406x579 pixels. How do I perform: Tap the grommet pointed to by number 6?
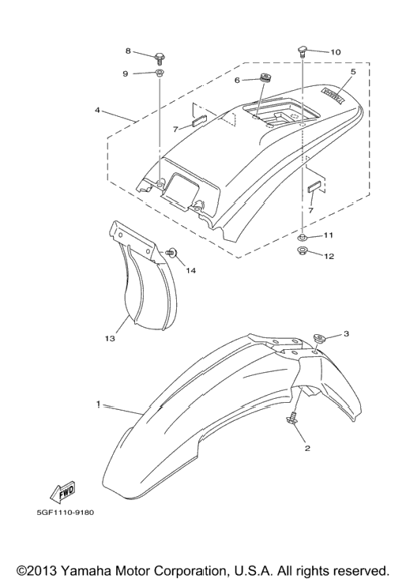point(265,79)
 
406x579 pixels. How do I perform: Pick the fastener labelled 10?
point(303,51)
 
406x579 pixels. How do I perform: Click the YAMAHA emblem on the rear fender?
point(333,96)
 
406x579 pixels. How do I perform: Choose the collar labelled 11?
point(303,236)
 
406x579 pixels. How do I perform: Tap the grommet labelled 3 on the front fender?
point(318,338)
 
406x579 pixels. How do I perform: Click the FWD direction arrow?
point(62,493)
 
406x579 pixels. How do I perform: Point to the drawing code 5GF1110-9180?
point(65,513)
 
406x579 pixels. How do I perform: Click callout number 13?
point(110,338)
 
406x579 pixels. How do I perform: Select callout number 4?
point(97,110)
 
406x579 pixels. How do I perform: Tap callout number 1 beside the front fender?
point(99,404)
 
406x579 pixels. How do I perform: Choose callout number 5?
point(353,72)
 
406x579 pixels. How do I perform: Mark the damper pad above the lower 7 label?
point(315,188)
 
